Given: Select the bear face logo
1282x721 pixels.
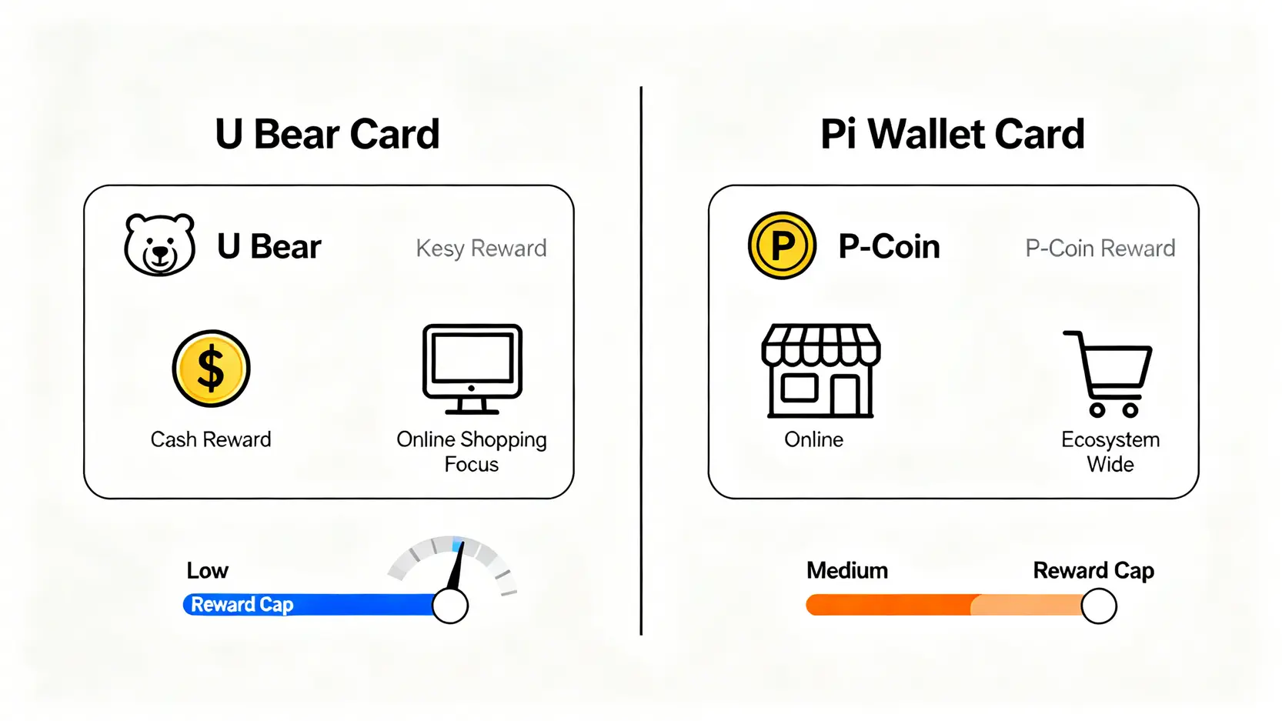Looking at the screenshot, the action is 160,245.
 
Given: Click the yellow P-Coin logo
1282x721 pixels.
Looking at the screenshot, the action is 782,245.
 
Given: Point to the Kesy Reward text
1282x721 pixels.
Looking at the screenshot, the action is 481,249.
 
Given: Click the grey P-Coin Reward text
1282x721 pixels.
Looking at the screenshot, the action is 1100,249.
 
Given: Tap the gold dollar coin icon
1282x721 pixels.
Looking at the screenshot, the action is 211,369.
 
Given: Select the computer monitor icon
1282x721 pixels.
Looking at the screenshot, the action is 472,369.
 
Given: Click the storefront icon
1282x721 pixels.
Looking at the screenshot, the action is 821,371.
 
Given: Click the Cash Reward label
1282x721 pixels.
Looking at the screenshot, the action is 211,439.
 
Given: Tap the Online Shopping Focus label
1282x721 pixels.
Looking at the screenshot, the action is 472,452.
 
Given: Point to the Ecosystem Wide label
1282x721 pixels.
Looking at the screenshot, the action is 1110,452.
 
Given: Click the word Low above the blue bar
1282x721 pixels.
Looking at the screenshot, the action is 207,570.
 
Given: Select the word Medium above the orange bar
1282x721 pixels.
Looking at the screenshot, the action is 847,570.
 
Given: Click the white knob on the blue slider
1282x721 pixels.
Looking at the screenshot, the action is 450,606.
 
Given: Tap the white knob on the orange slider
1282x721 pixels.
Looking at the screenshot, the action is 1099,606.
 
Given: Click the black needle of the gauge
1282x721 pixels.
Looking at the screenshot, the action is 457,566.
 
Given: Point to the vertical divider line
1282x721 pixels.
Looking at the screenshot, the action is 641,360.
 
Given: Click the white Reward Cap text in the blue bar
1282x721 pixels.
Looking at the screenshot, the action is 242,605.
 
